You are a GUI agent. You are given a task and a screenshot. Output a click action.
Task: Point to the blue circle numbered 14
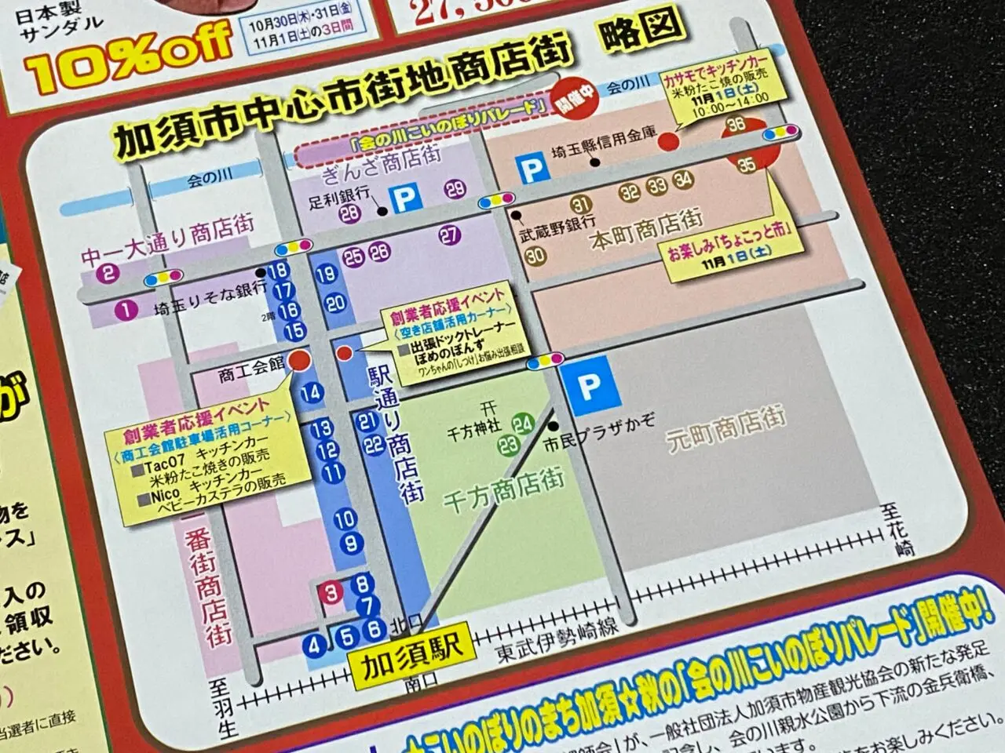pyautogui.click(x=312, y=392)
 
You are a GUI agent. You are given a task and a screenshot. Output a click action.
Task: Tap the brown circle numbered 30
pyautogui.click(x=535, y=256)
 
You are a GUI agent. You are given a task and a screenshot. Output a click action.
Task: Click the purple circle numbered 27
pyautogui.click(x=449, y=234)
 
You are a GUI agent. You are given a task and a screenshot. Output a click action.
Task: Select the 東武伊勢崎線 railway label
pyautogui.click(x=557, y=641)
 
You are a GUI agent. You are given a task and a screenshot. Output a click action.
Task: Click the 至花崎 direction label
pyautogui.click(x=903, y=532)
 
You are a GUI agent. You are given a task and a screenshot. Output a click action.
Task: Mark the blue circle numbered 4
pyautogui.click(x=316, y=646)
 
